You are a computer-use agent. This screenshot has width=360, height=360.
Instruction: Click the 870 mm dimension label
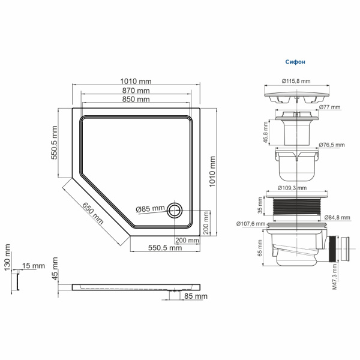coord(136,90)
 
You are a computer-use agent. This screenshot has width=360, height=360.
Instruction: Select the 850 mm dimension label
coord(136,99)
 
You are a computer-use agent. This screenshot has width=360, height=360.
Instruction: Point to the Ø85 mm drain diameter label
coord(150,209)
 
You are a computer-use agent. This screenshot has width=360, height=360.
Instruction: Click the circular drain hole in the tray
coord(175,210)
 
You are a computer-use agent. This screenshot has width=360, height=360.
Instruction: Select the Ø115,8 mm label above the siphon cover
coord(296,81)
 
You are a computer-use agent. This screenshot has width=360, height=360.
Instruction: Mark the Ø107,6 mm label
coord(250,224)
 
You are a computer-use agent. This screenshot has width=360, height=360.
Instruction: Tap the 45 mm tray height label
coord(55,271)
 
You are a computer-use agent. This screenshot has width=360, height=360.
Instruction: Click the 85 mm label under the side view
coord(196,296)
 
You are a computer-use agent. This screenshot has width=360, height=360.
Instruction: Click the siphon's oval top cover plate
coord(296,97)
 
